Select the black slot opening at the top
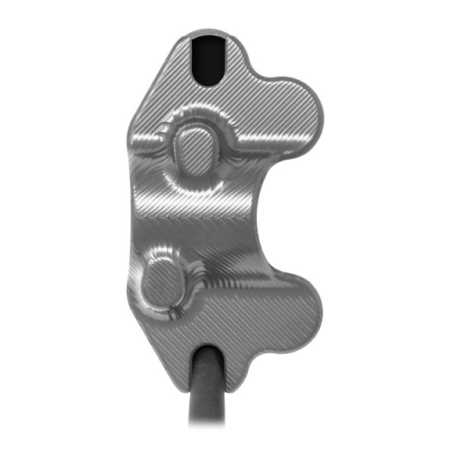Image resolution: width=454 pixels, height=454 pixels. (210, 59)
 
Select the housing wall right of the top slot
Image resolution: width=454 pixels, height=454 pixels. (238, 59)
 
